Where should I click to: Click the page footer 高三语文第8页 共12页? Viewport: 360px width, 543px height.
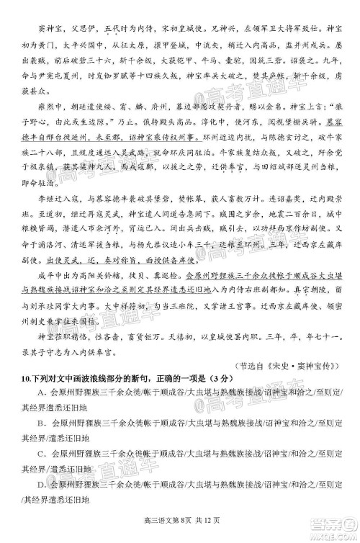tap(181, 533)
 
